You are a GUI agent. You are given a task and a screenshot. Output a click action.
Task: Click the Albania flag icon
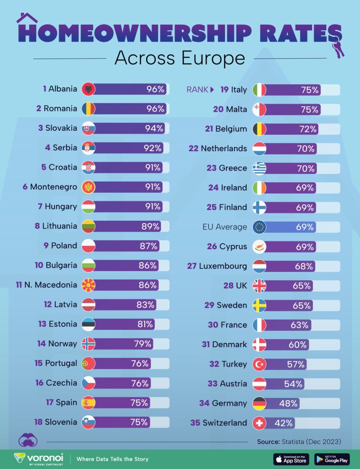tap(88, 89)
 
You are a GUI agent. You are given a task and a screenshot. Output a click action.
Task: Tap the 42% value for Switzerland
tap(283, 423)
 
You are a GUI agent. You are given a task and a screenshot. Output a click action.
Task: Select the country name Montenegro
tap(54, 187)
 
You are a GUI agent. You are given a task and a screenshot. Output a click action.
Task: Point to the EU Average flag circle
tap(259, 227)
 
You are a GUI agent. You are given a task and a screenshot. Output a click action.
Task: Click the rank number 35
tap(196, 423)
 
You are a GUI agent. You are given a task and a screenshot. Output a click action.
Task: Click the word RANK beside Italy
tap(197, 90)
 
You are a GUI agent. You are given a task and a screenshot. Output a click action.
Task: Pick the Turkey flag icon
tap(259, 364)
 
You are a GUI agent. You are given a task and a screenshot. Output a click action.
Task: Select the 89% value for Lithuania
tap(150, 226)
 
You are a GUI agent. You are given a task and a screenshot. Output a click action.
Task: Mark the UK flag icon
tap(259, 286)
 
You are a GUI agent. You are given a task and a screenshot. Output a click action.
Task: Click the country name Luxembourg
tap(223, 266)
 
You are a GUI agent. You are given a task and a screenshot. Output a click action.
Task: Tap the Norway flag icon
tap(88, 343)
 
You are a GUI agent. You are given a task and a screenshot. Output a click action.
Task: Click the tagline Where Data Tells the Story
tap(113, 459)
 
